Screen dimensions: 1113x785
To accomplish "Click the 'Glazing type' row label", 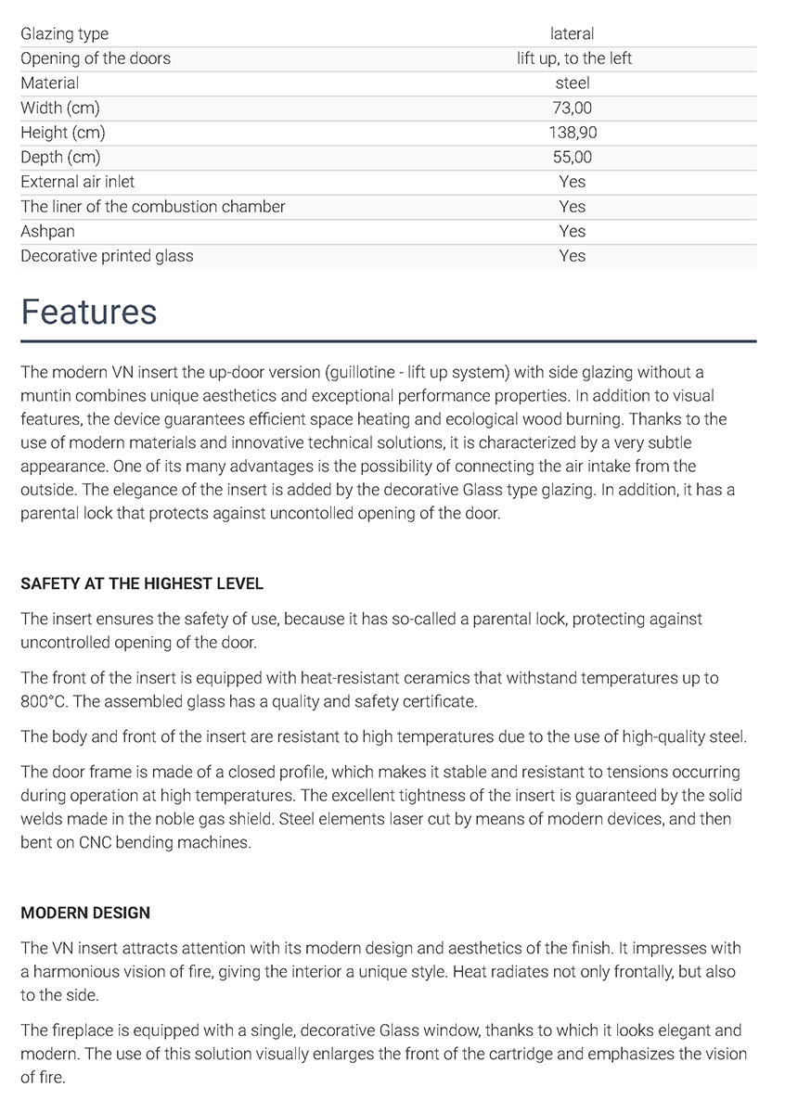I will pyautogui.click(x=64, y=34).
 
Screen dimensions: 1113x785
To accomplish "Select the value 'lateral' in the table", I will pyautogui.click(x=572, y=34).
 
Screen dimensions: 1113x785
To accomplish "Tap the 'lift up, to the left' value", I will pyautogui.click(x=573, y=58).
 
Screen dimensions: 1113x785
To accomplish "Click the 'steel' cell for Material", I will pyautogui.click(x=573, y=83).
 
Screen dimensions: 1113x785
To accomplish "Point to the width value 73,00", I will pyautogui.click(x=572, y=109).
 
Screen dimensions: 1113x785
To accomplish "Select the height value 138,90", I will pyautogui.click(x=573, y=133).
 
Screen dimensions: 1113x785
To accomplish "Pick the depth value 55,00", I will pyautogui.click(x=572, y=158).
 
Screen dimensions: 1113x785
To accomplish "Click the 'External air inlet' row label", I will pyautogui.click(x=77, y=182).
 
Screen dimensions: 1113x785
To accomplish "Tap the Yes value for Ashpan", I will pyautogui.click(x=573, y=231).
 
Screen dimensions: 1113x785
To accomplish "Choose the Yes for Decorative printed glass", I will pyautogui.click(x=573, y=256).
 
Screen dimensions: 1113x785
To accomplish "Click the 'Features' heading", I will pyautogui.click(x=89, y=313).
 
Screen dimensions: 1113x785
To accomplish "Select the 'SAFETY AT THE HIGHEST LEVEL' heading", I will pyautogui.click(x=142, y=584).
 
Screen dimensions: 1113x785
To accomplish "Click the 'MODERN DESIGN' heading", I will pyautogui.click(x=85, y=913).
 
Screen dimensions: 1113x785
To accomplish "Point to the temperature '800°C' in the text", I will pyautogui.click(x=43, y=702).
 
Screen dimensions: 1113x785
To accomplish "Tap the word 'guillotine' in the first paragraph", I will pyautogui.click(x=367, y=373).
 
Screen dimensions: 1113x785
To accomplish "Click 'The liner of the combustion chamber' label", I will pyautogui.click(x=153, y=207).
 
